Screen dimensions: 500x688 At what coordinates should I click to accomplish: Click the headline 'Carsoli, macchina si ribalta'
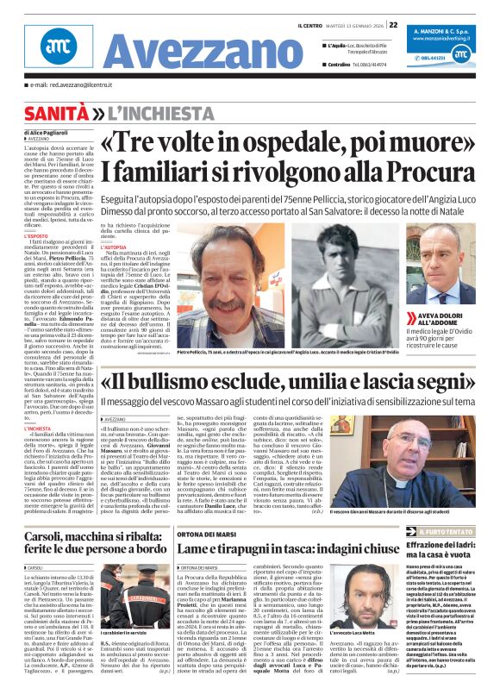point(94,520)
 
